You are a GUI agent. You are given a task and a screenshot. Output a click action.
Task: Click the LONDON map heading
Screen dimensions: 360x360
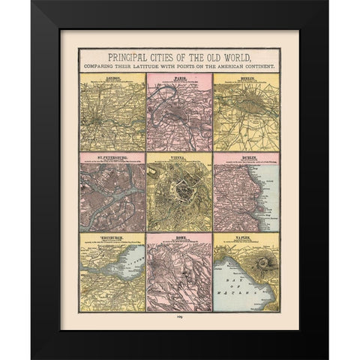[112, 77]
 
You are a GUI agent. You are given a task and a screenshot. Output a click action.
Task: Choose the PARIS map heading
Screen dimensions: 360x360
[179, 77]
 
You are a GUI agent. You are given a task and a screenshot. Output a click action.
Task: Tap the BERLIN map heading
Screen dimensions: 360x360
[246, 77]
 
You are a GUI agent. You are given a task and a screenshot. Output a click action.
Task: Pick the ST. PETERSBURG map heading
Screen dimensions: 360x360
[112, 157]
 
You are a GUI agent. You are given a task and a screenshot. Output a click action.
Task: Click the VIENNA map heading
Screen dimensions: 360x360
[179, 157]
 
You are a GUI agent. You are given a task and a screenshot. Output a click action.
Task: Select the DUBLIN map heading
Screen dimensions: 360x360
[246, 157]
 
